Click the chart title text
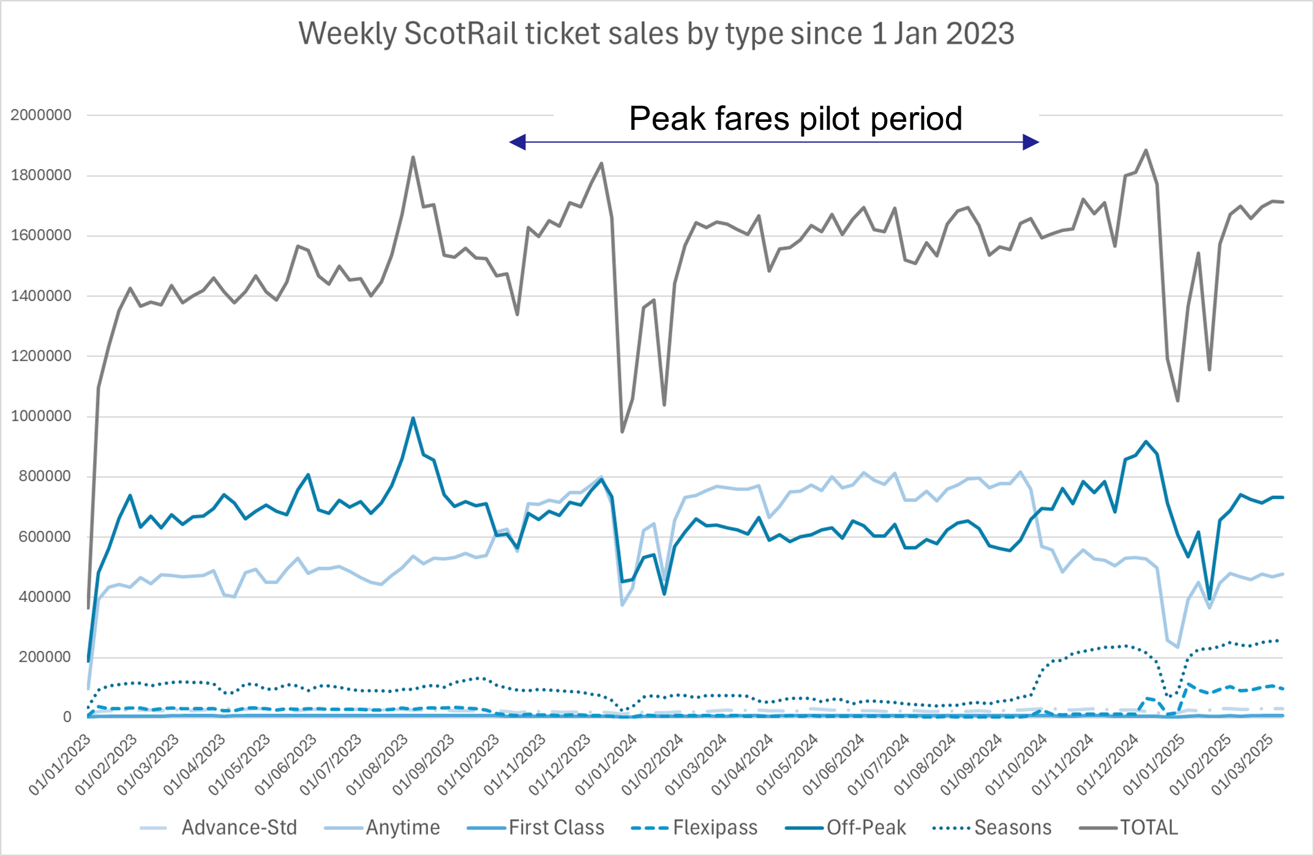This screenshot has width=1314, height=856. click(x=656, y=34)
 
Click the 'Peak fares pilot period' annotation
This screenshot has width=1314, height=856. click(x=795, y=119)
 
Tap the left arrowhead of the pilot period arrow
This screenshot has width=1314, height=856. click(x=518, y=143)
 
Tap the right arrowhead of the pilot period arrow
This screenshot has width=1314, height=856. click(x=1031, y=143)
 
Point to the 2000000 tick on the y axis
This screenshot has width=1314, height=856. click(x=41, y=115)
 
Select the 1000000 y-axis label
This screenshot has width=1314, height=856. click(x=41, y=416)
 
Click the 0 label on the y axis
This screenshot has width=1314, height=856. click(x=67, y=717)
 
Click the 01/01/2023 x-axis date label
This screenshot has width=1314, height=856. click(x=60, y=765)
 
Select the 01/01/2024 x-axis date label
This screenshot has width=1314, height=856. click(x=607, y=765)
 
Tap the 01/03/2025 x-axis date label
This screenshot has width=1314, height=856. click(x=1243, y=765)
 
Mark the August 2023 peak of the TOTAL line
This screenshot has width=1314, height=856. click(x=413, y=157)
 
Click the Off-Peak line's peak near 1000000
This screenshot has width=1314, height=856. click(x=413, y=419)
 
